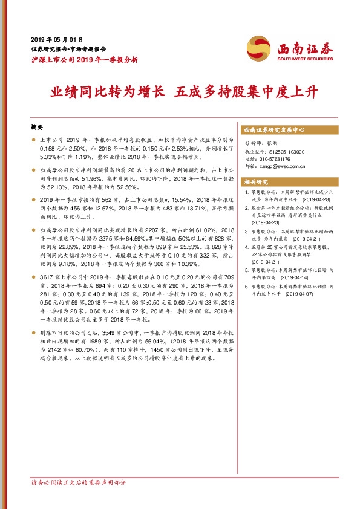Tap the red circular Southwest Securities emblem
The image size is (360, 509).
click(257, 47)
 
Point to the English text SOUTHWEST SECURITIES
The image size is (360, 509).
click(305, 59)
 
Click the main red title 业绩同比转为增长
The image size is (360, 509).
click(108, 92)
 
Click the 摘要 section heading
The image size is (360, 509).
click(38, 128)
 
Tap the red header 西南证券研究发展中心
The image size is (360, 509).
click(273, 129)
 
